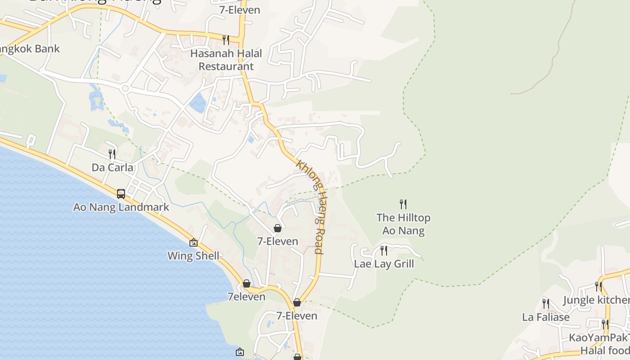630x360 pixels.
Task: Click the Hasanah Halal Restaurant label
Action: (x=226, y=60)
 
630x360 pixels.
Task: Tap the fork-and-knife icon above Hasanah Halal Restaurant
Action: (x=226, y=40)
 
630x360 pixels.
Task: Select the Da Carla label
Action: (x=112, y=168)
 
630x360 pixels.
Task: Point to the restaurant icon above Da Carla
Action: (x=112, y=154)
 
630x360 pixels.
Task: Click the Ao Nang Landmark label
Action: (x=121, y=207)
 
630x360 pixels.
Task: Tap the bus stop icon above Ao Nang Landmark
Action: (x=121, y=194)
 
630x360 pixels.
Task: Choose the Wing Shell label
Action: (x=193, y=256)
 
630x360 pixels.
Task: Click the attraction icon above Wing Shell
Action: (x=193, y=243)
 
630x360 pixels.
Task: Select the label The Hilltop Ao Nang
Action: (x=403, y=224)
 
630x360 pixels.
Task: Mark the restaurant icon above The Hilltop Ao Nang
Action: (x=403, y=204)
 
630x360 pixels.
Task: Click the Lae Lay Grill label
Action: (x=384, y=264)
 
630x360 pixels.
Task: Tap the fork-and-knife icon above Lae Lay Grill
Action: (x=384, y=251)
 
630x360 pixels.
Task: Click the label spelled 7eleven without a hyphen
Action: (x=246, y=297)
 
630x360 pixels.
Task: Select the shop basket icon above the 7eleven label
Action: (x=247, y=284)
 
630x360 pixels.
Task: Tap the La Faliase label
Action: (x=545, y=317)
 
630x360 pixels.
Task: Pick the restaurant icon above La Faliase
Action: (x=545, y=304)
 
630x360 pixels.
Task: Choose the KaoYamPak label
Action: (x=598, y=337)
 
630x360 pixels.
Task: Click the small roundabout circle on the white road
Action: (x=125, y=89)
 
